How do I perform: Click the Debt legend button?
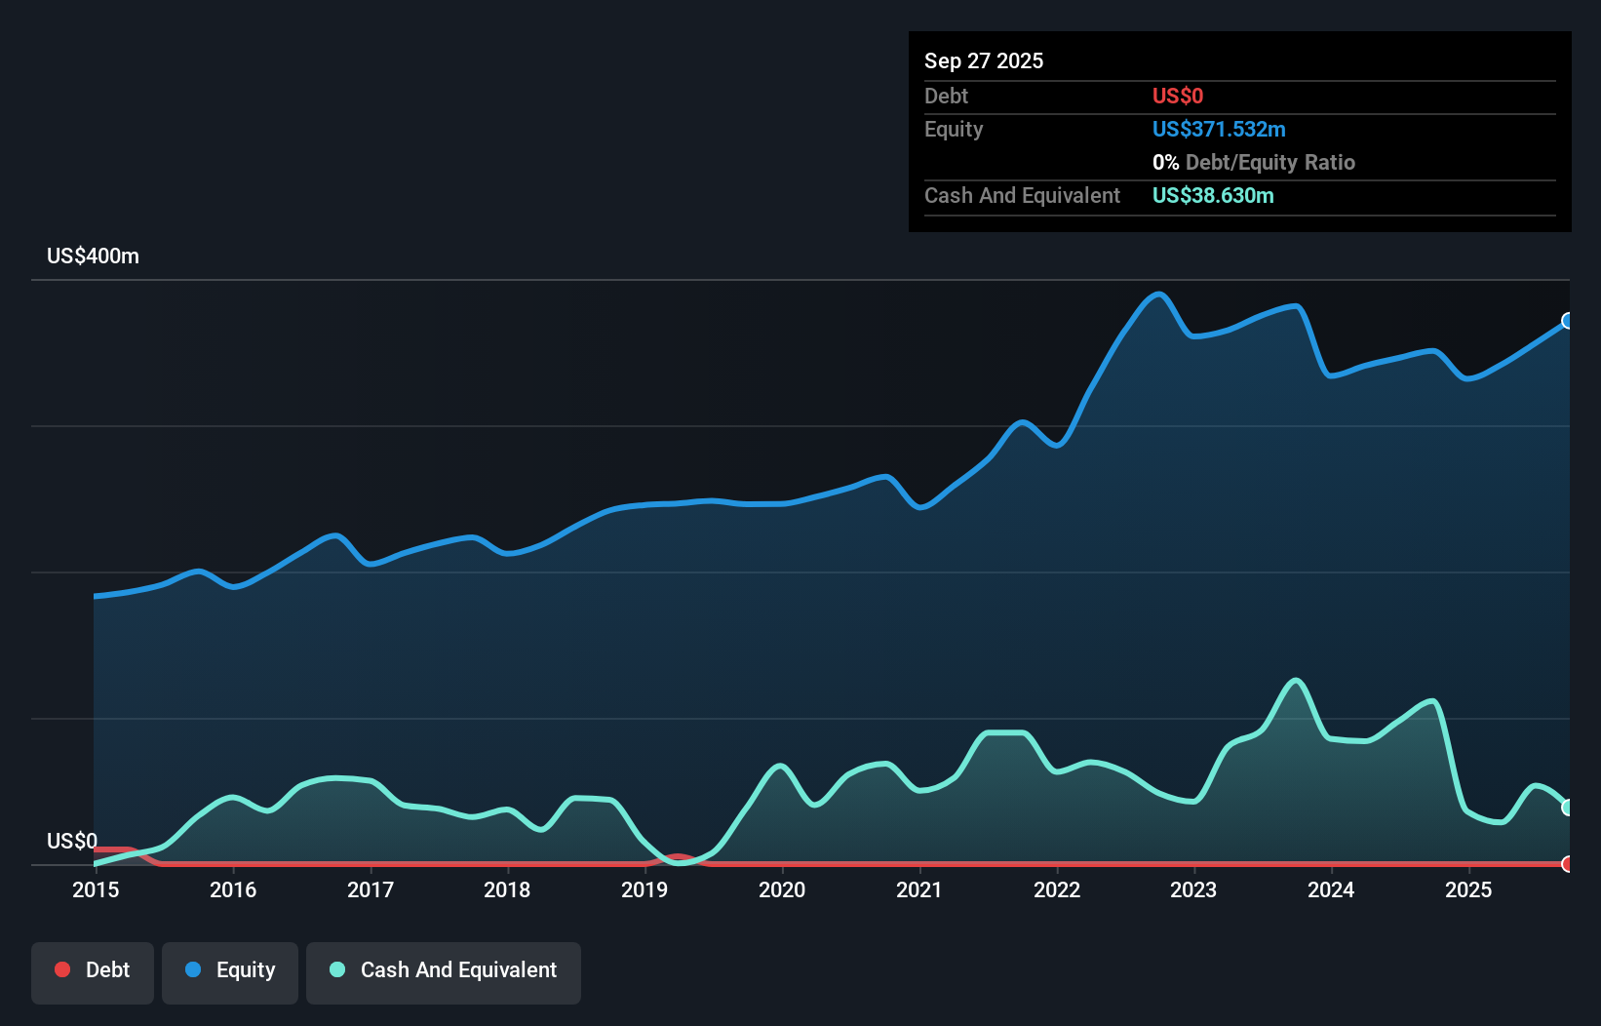point(92,970)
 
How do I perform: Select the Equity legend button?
point(230,970)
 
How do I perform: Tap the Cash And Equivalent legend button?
point(444,970)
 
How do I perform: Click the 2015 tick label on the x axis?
point(96,889)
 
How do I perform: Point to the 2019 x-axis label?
point(644,889)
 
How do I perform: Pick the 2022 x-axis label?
point(1057,889)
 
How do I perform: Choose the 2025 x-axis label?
point(1468,889)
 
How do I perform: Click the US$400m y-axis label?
point(93,256)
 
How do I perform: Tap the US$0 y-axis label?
point(72,841)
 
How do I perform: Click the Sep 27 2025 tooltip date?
point(984,60)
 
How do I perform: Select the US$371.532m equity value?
point(1219,129)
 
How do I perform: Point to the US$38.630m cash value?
point(1213,195)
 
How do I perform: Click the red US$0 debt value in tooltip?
point(1178,96)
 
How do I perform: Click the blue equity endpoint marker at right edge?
point(1568,321)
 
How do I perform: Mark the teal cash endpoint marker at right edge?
point(1568,808)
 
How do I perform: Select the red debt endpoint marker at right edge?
point(1568,864)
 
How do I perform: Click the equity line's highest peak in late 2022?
point(1158,294)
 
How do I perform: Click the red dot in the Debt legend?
point(62,969)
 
